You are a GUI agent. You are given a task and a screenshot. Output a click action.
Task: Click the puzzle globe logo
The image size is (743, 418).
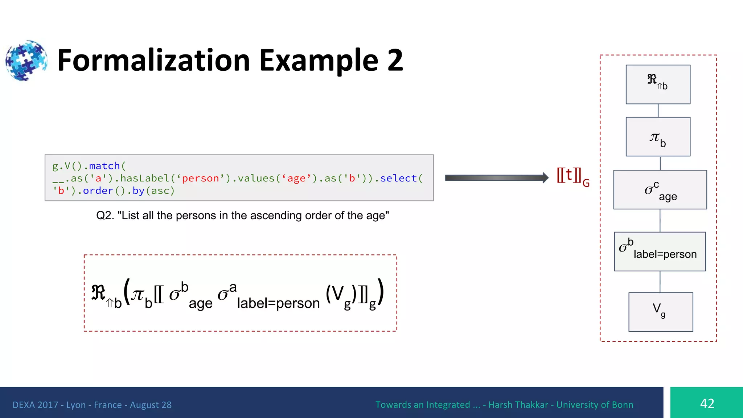point(26,60)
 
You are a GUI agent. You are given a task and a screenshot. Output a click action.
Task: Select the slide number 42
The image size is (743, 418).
point(707,403)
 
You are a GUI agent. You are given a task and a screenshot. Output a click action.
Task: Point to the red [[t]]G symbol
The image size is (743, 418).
point(572,176)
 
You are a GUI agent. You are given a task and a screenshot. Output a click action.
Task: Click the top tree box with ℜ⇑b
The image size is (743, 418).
point(658,85)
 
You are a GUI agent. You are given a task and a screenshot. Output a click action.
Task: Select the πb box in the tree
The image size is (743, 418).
point(658,137)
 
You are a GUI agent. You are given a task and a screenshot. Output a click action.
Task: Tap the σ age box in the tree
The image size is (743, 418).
point(660,190)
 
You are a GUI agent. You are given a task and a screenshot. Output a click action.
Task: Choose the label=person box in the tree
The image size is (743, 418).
point(660,251)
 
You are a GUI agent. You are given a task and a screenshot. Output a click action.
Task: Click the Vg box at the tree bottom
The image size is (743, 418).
point(660,312)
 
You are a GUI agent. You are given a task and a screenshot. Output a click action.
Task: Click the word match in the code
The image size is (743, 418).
point(104,166)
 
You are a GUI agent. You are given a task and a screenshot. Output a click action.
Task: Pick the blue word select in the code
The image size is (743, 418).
point(398,178)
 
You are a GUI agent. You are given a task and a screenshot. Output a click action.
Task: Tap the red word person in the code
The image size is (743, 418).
point(200,178)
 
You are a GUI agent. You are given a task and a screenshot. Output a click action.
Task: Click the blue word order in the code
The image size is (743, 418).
point(98,190)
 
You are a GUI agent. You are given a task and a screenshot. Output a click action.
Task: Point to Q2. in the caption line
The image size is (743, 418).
point(105,216)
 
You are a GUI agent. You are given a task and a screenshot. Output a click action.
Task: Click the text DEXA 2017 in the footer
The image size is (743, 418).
point(35,405)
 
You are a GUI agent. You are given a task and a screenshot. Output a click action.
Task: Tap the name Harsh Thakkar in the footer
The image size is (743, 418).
point(518,405)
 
